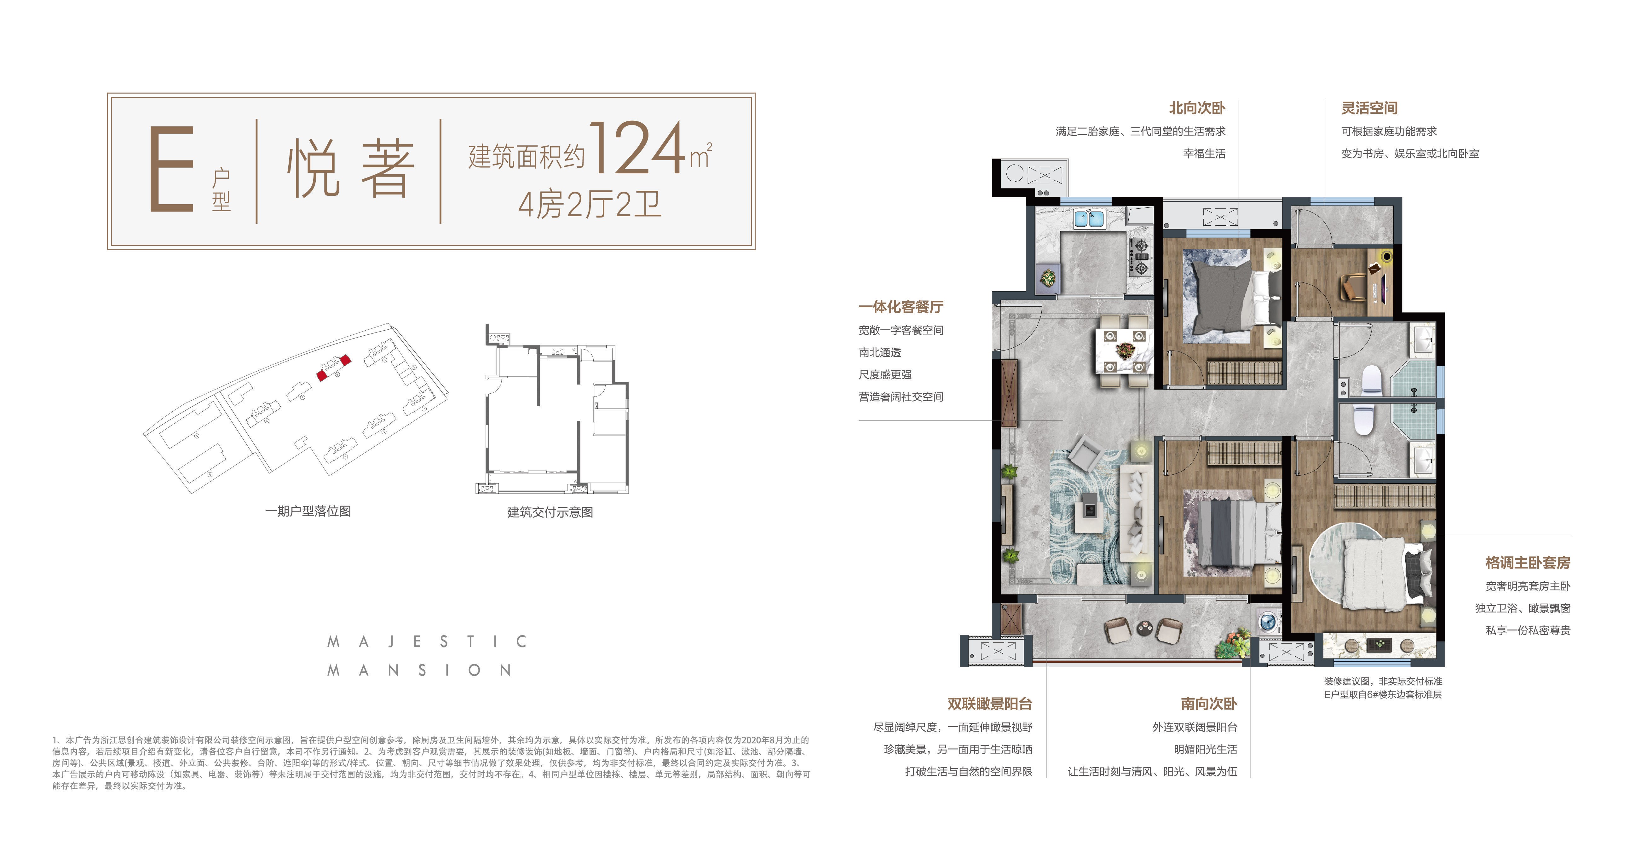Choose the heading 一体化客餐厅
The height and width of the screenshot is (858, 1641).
coord(901,307)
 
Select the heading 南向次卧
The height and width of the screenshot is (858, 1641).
coord(1208,704)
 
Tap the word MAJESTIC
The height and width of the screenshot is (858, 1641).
coord(427,641)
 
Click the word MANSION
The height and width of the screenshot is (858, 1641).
coord(418,670)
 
